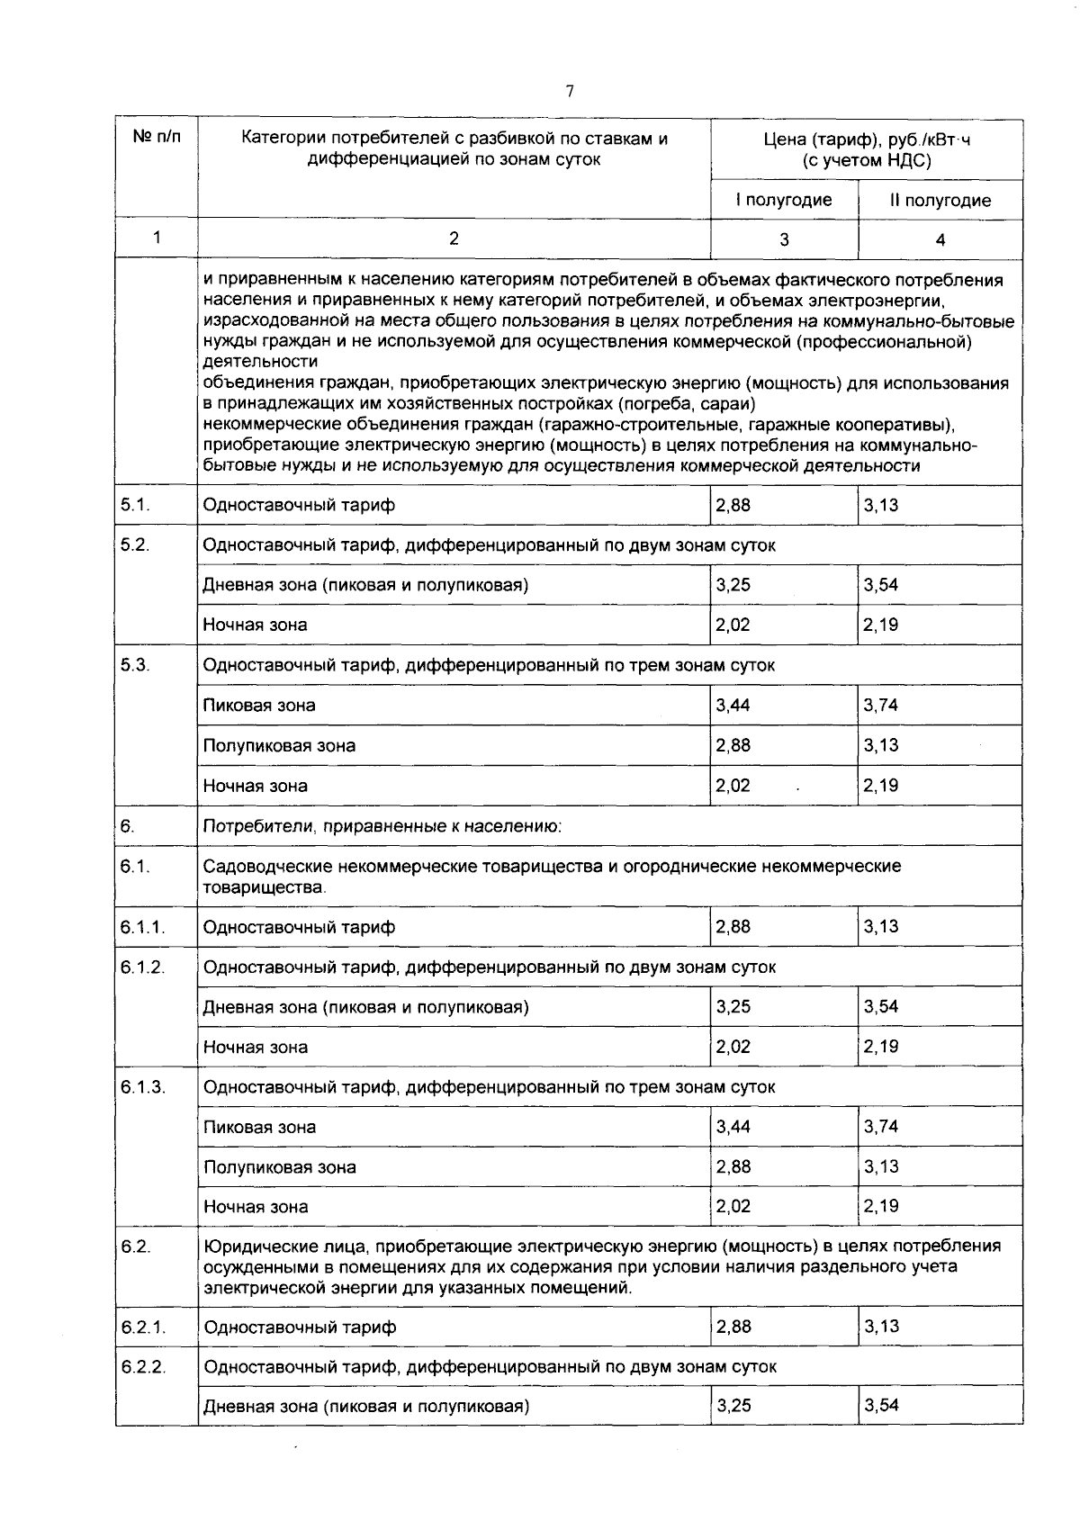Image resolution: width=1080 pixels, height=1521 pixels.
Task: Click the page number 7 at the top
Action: tap(569, 91)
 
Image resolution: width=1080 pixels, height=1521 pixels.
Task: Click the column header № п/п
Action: tap(156, 138)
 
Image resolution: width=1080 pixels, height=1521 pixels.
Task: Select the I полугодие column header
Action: tap(783, 200)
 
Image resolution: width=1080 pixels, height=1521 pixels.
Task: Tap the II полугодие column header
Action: tap(940, 200)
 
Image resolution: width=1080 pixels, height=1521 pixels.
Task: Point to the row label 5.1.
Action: tap(135, 505)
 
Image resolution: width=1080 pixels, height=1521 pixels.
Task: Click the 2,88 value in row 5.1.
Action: tap(733, 505)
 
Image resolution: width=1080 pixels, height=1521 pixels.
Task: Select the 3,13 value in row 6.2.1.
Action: tap(881, 1326)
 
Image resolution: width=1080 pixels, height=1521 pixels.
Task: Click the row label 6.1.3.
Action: tap(144, 1086)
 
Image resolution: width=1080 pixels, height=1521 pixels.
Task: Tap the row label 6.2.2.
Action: tap(144, 1366)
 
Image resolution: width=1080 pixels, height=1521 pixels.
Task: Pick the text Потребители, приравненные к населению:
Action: tap(382, 825)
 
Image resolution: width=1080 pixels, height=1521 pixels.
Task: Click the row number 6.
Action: tap(127, 825)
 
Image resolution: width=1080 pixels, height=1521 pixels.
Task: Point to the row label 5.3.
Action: tap(135, 664)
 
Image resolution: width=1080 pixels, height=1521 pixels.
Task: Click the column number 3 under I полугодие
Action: tap(784, 239)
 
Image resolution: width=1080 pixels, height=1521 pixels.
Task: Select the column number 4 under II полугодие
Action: tap(940, 239)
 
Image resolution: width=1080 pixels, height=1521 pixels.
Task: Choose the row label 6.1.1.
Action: tap(144, 926)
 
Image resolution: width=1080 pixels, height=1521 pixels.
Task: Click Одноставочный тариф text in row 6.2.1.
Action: tap(300, 1327)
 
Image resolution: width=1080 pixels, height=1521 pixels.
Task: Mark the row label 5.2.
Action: tap(135, 544)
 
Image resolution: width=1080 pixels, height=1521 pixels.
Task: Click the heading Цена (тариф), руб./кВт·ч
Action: tap(866, 139)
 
